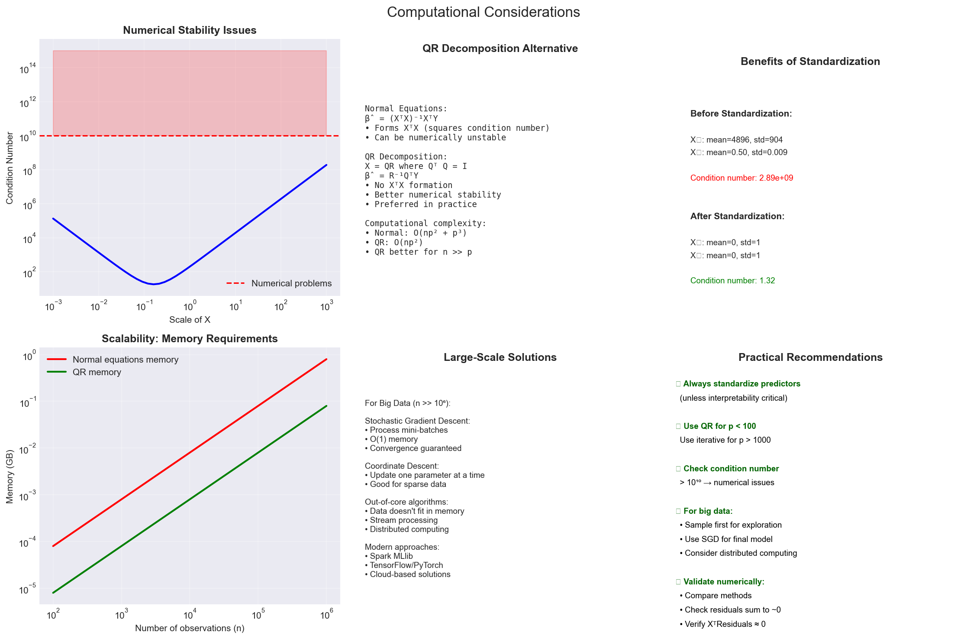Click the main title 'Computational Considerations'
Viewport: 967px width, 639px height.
click(483, 12)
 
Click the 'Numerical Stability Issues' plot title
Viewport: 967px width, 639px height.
click(190, 30)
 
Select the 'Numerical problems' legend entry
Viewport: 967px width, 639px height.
click(291, 283)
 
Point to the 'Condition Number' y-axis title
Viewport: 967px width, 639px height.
click(10, 168)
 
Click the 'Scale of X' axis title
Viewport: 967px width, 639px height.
click(190, 320)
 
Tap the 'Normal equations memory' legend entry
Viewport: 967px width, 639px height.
click(125, 360)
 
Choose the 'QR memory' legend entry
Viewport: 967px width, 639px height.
click(97, 372)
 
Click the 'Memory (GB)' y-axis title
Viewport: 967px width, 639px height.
click(10, 477)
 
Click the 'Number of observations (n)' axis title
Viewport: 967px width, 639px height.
click(190, 628)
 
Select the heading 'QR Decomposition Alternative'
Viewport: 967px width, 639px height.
click(500, 49)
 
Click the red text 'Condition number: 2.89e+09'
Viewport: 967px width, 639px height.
click(741, 178)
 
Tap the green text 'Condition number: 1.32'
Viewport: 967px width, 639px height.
click(732, 281)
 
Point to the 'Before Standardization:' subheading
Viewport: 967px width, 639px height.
click(741, 114)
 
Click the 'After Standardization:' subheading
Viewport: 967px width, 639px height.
click(737, 216)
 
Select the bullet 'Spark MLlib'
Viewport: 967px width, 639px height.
click(391, 556)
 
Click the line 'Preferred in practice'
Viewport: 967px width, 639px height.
click(425, 204)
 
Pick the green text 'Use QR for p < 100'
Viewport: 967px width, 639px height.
click(719, 426)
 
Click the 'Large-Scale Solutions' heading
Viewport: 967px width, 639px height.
click(500, 357)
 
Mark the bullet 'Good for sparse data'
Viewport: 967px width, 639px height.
click(407, 484)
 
